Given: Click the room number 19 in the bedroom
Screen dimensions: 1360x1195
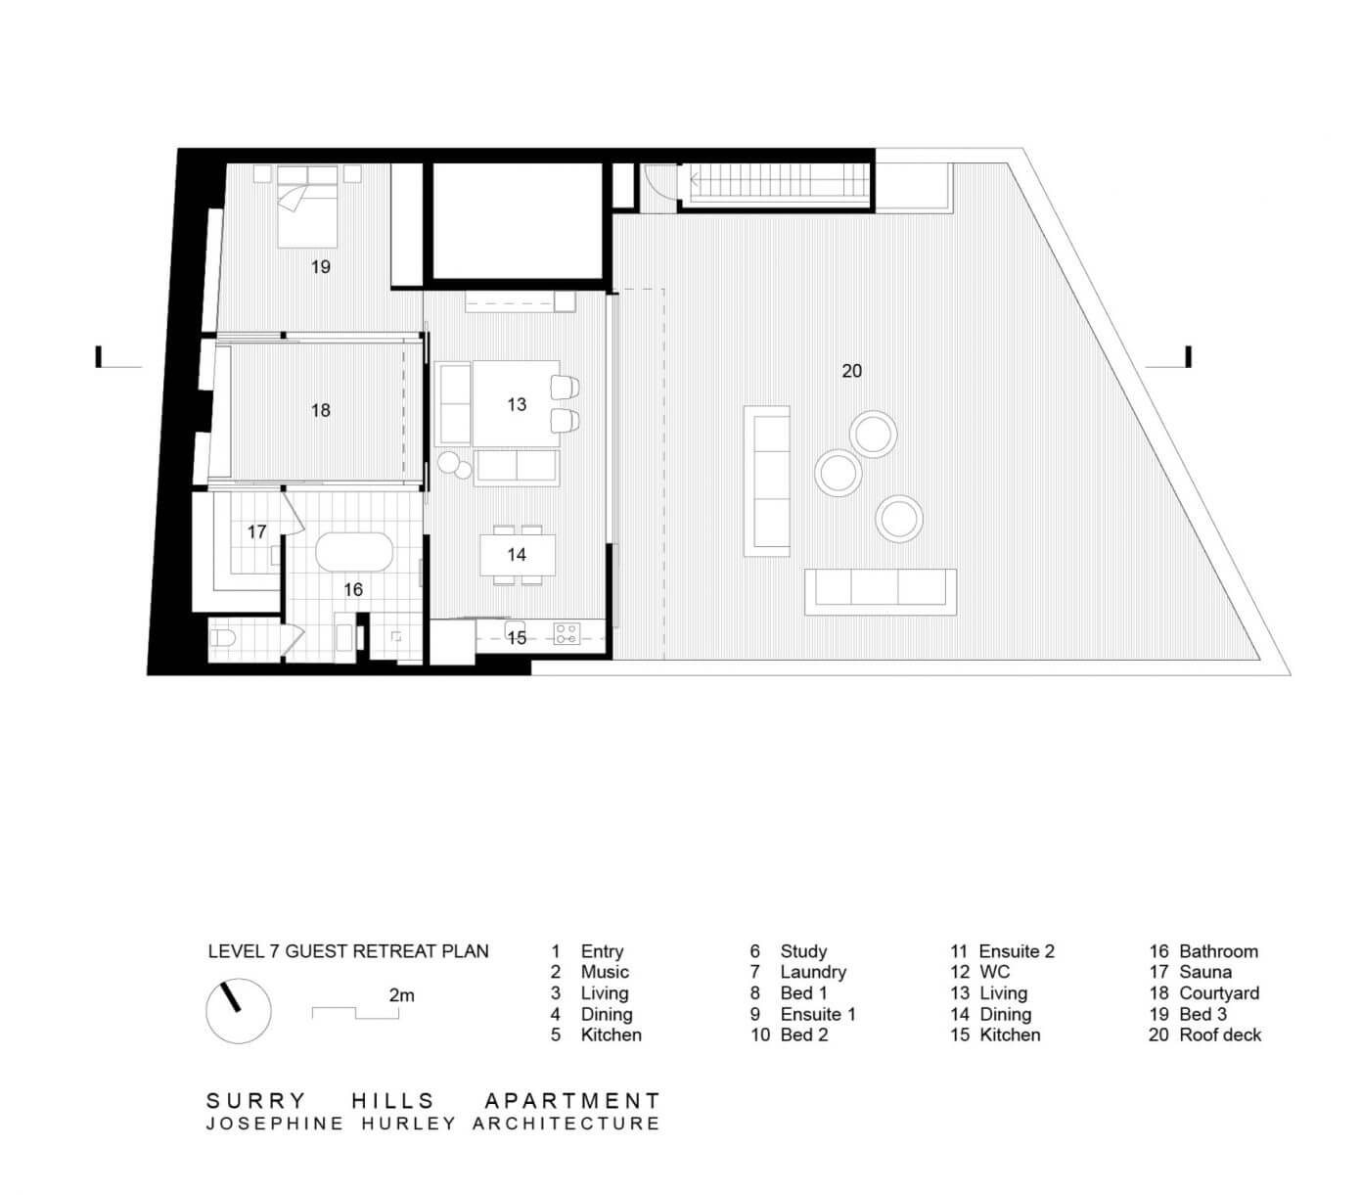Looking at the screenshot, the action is (x=320, y=266).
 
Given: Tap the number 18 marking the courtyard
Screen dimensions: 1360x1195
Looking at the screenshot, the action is (x=320, y=409).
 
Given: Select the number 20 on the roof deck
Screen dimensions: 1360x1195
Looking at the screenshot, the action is (x=851, y=371).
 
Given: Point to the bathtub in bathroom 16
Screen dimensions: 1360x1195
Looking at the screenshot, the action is (x=354, y=552).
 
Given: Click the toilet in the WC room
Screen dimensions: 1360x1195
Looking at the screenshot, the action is (x=222, y=636).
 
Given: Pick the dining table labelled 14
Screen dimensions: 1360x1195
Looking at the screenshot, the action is (x=517, y=555).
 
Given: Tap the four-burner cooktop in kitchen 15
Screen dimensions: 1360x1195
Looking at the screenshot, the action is (x=566, y=633).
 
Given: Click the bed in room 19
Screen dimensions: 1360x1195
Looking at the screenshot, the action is (x=307, y=207).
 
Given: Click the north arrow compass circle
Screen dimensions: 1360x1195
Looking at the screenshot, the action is (x=239, y=1010).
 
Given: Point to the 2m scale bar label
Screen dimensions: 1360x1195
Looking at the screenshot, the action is (x=401, y=995).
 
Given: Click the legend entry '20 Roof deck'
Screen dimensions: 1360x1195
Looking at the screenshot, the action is (x=1204, y=1034).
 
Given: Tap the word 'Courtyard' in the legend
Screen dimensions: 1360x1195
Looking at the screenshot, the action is (x=1218, y=993).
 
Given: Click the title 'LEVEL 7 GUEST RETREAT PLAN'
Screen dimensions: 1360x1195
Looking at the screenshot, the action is (x=348, y=950).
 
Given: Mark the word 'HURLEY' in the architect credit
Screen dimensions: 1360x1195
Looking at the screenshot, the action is (x=409, y=1124).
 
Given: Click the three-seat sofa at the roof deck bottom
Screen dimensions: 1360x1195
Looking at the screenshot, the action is (x=880, y=591).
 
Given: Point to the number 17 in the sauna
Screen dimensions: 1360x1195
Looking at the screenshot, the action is (x=256, y=531).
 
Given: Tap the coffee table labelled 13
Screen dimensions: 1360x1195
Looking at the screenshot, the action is (x=517, y=403).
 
